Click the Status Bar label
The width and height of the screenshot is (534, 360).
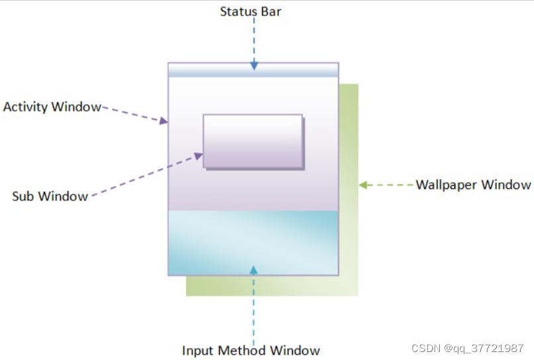[250, 11]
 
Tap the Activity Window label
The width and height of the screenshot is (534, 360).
[52, 107]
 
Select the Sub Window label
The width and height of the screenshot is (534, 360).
[50, 196]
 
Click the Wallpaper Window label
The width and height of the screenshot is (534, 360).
[473, 184]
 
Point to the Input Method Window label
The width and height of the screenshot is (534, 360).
[251, 351]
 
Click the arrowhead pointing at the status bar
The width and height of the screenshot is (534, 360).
[254, 66]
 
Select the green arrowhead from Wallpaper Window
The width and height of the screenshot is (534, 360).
[363, 185]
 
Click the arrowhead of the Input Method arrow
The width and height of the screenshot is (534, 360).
[253, 269]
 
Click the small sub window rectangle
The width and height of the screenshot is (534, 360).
[252, 141]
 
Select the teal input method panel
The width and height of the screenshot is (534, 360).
[253, 242]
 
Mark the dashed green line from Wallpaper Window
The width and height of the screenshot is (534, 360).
[391, 185]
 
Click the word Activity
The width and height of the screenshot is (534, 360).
[25, 107]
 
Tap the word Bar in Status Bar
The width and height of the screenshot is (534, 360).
[270, 11]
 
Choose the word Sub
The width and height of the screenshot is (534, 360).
[23, 196]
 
